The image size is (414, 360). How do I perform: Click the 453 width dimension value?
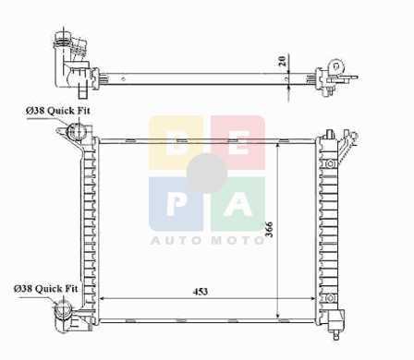[201, 292]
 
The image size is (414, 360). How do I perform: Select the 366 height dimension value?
[269, 229]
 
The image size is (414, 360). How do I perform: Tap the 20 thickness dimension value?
[282, 60]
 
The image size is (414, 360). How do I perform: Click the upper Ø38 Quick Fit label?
[58, 111]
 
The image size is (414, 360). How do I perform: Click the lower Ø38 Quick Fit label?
[46, 289]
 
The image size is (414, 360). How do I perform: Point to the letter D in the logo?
[177, 144]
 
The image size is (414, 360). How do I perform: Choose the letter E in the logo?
[238, 144]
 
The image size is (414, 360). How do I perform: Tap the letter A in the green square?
[238, 203]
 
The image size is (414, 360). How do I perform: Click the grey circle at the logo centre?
[207, 174]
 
